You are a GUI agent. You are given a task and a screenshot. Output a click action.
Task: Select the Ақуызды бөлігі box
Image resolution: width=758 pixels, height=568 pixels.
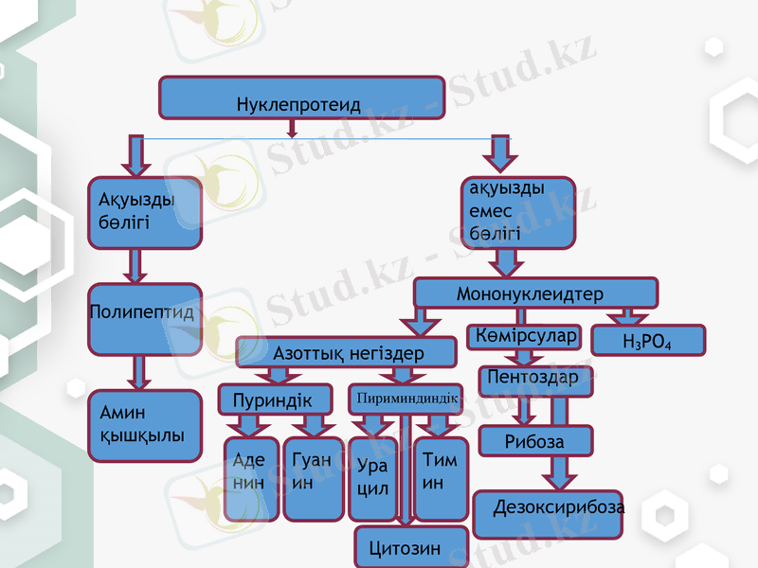(x=145, y=213)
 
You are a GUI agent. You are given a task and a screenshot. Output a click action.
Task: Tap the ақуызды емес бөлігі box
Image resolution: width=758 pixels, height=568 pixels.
(x=517, y=212)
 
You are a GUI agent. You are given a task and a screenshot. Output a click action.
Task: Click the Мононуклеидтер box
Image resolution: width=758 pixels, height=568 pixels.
(x=535, y=293)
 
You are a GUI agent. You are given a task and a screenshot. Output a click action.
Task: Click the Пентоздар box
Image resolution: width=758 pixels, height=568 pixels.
(x=535, y=380)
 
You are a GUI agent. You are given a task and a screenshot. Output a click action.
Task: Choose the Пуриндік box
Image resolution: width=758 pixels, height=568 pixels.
(x=276, y=399)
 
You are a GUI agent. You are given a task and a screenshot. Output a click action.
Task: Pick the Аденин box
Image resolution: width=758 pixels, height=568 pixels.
(x=251, y=479)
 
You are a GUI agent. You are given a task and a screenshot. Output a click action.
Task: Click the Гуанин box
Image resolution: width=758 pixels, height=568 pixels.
(x=314, y=479)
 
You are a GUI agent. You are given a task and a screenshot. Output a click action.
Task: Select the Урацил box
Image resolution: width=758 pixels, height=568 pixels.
(x=373, y=479)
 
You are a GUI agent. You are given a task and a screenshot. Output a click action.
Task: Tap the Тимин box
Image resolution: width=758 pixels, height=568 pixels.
(x=441, y=477)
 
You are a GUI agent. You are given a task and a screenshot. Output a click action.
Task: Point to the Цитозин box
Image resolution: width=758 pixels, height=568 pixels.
(x=411, y=547)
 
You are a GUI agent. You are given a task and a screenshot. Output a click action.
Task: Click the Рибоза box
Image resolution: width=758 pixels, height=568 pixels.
(x=535, y=440)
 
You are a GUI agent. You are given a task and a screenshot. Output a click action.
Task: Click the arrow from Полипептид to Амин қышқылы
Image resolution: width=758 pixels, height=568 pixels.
(x=141, y=372)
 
